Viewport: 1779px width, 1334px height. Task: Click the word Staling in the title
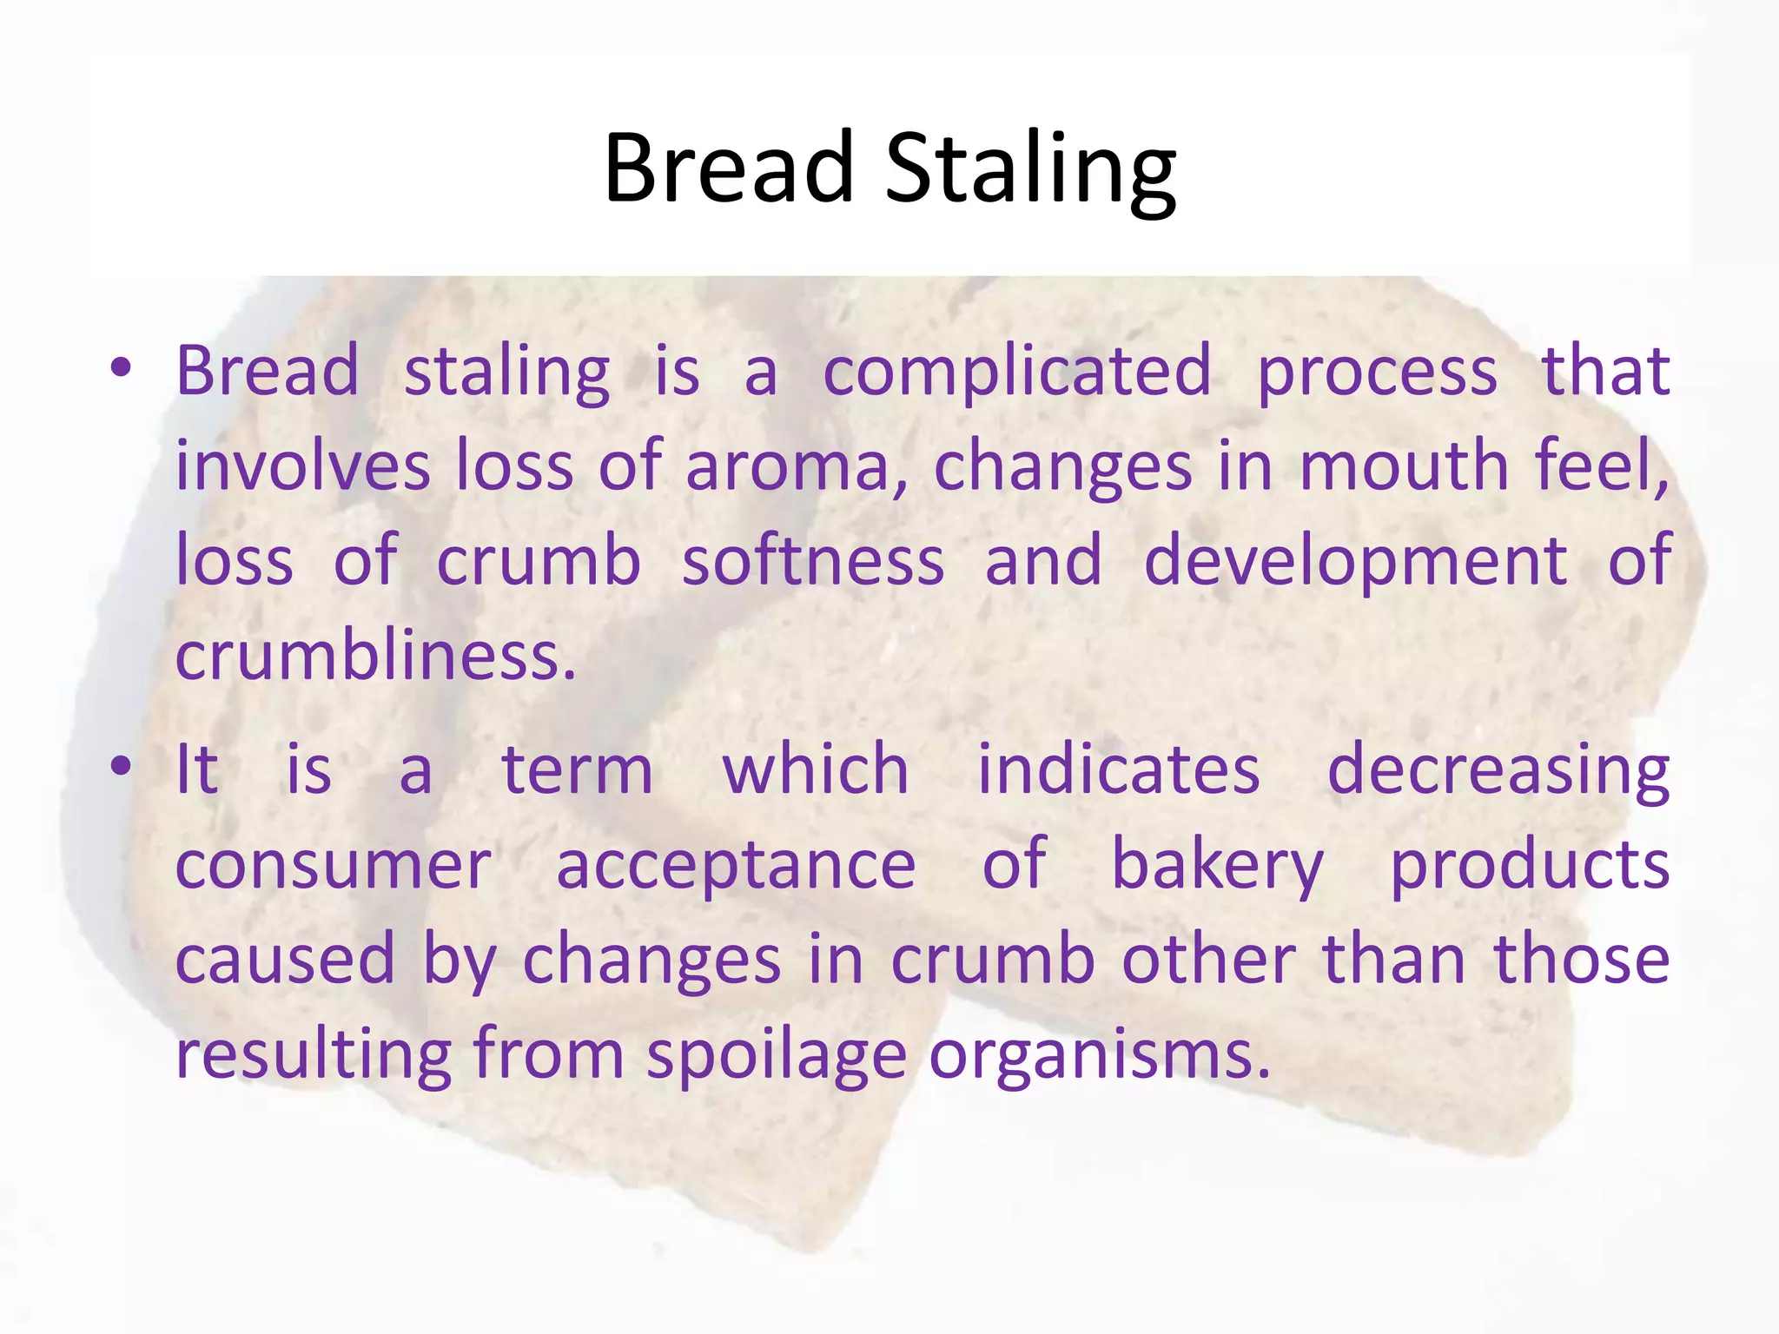click(1030, 168)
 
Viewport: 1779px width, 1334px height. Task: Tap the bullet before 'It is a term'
click(121, 767)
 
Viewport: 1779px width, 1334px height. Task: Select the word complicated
click(1016, 372)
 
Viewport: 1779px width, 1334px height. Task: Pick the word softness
click(812, 561)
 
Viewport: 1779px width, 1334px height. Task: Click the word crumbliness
click(375, 657)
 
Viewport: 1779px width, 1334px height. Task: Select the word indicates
click(1118, 769)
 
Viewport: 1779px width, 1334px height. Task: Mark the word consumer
click(334, 866)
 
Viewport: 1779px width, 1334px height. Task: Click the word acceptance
click(736, 867)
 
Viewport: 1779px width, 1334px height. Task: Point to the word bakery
click(1217, 866)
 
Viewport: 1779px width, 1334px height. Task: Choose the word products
click(1530, 866)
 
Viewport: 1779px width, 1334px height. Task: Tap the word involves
click(302, 467)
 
